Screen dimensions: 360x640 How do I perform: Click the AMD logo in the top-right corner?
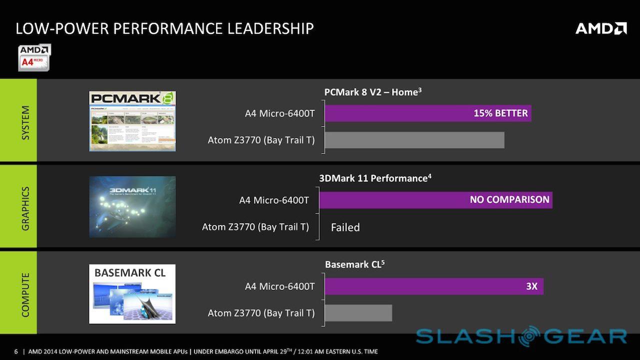[601, 28]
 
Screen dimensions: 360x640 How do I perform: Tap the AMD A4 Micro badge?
[34, 57]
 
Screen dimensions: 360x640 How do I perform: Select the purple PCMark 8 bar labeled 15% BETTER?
[427, 113]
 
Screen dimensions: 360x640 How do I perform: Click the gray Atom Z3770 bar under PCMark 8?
[414, 140]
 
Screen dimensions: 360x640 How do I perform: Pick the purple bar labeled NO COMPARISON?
[435, 200]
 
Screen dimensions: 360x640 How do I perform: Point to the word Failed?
[345, 227]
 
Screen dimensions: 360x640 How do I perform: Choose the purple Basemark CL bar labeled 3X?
[433, 286]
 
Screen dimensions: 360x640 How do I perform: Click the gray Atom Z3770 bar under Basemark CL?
[358, 313]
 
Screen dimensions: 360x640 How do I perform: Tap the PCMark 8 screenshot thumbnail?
[132, 121]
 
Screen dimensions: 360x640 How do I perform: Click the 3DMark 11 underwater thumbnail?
[132, 206]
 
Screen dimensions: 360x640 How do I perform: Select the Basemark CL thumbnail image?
[132, 294]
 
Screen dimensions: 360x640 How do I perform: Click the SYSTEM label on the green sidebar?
[25, 122]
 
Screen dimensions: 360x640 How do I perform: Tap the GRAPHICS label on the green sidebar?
[25, 208]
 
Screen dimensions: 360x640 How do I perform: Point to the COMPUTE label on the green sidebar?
[25, 295]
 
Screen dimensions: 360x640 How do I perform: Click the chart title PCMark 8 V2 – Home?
[372, 92]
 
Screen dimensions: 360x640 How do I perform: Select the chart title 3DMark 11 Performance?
[375, 178]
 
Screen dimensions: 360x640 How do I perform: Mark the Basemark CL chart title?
[354, 264]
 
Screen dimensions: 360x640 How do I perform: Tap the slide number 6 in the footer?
[16, 351]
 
